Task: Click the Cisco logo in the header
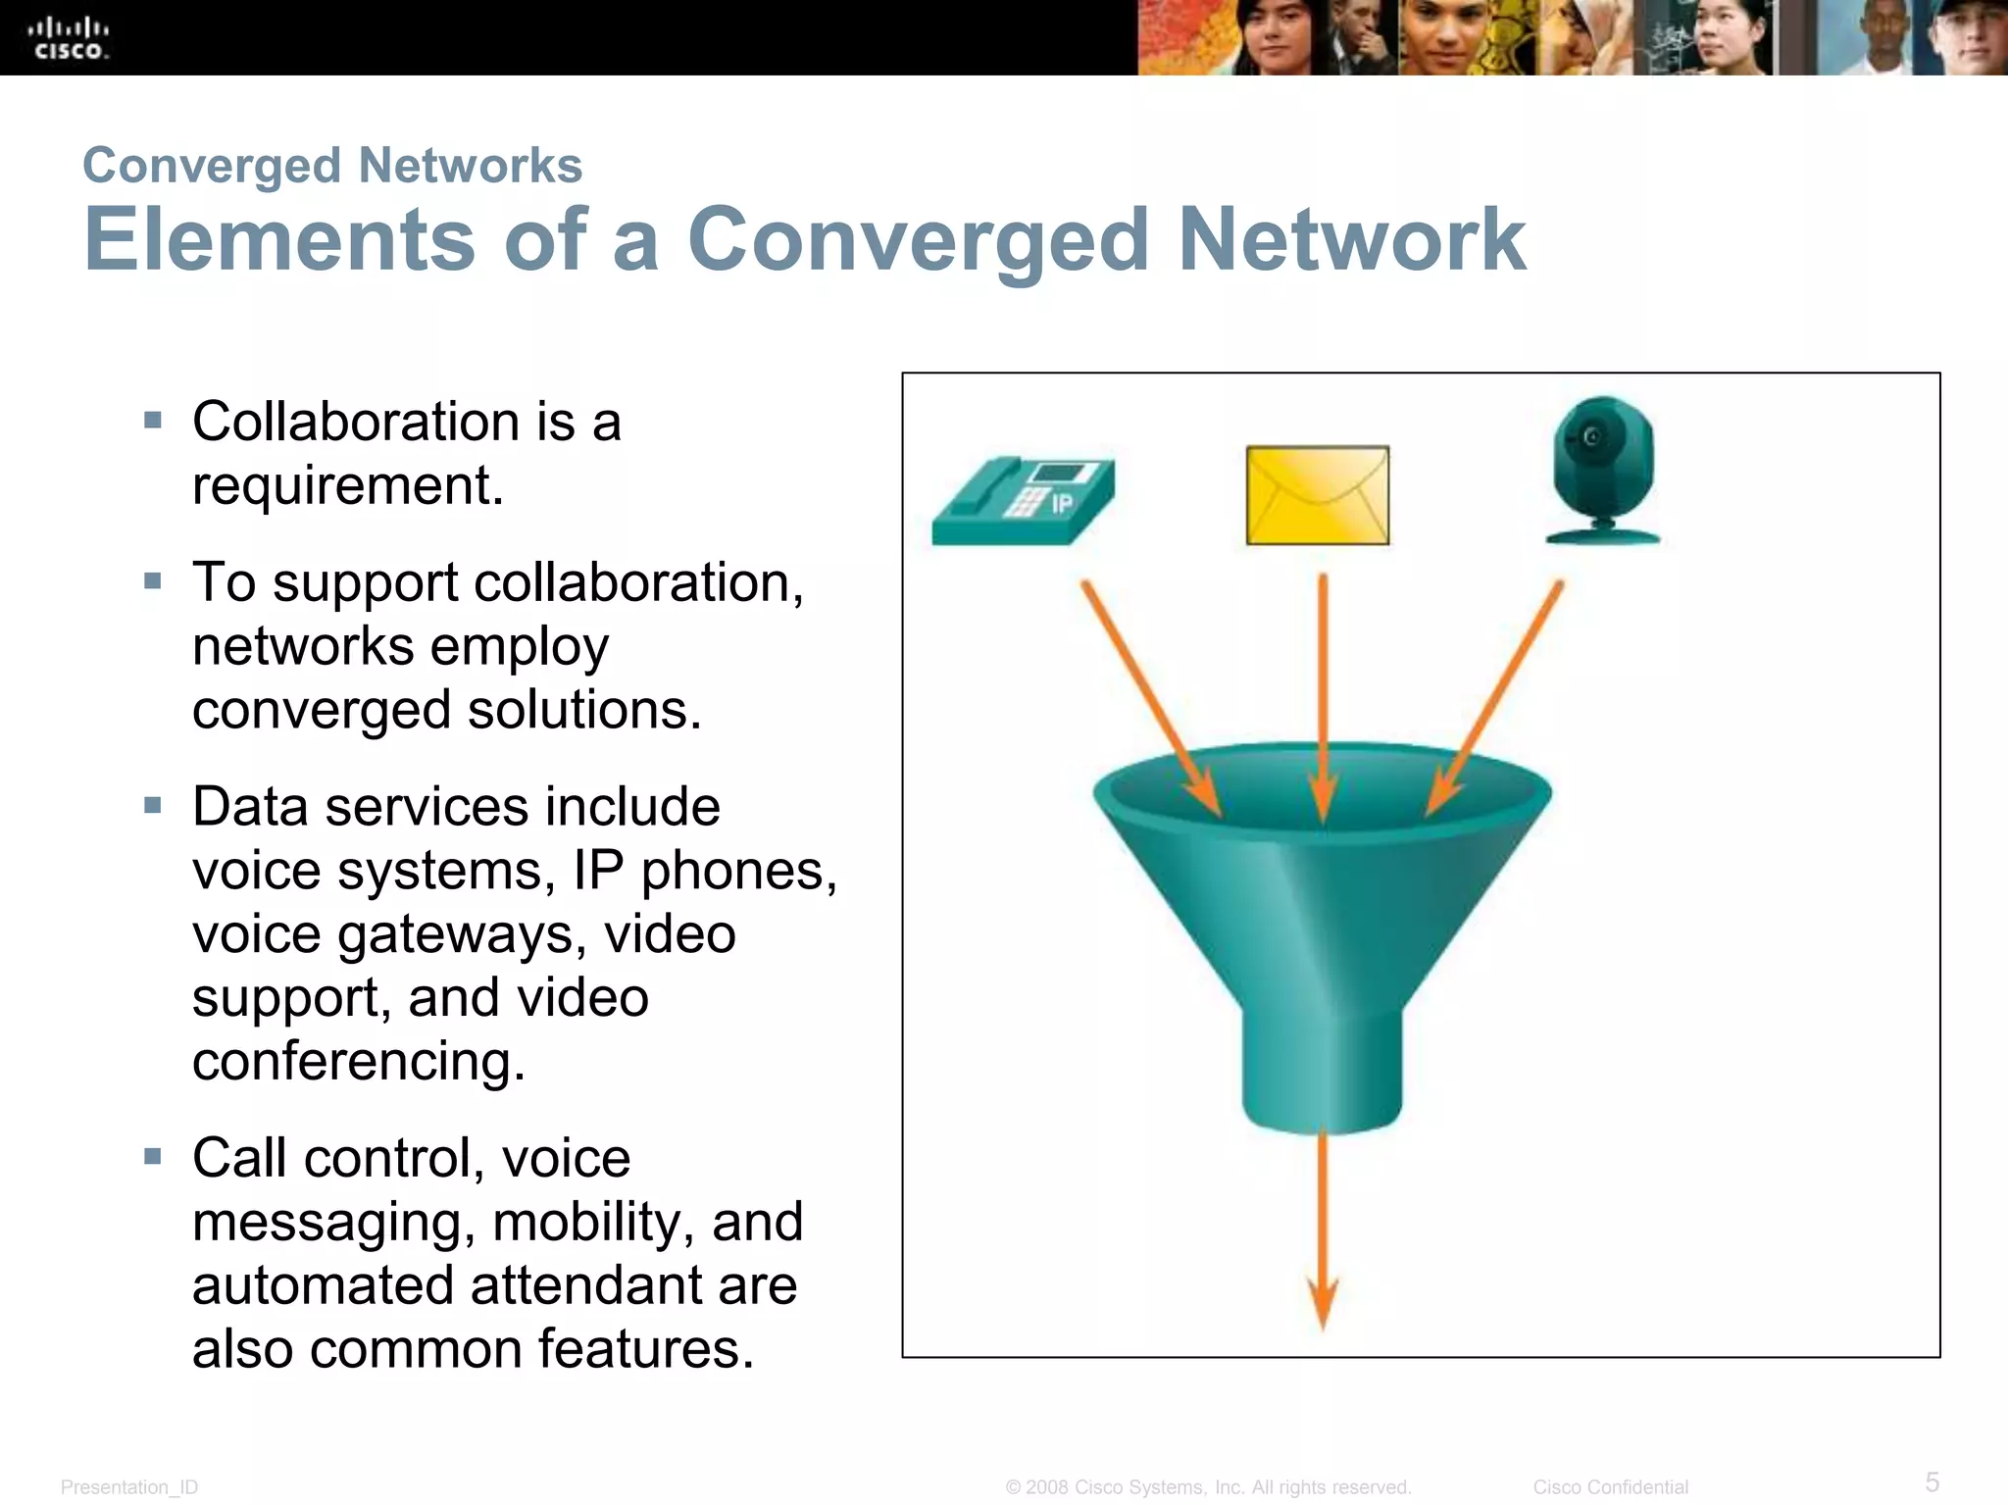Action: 69,38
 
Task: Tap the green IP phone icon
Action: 1023,500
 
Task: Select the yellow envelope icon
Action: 1317,495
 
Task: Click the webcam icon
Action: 1603,471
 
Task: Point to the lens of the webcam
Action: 1592,437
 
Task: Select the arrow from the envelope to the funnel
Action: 1323,686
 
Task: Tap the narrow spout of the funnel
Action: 1322,1069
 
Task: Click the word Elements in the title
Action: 279,239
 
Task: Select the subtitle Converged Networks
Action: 332,165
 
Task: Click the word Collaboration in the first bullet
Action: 356,422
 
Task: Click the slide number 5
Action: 1932,1481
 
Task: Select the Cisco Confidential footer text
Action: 1610,1487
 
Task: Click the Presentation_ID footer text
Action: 129,1487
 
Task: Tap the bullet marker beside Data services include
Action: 153,806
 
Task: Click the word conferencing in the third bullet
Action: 358,1061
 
